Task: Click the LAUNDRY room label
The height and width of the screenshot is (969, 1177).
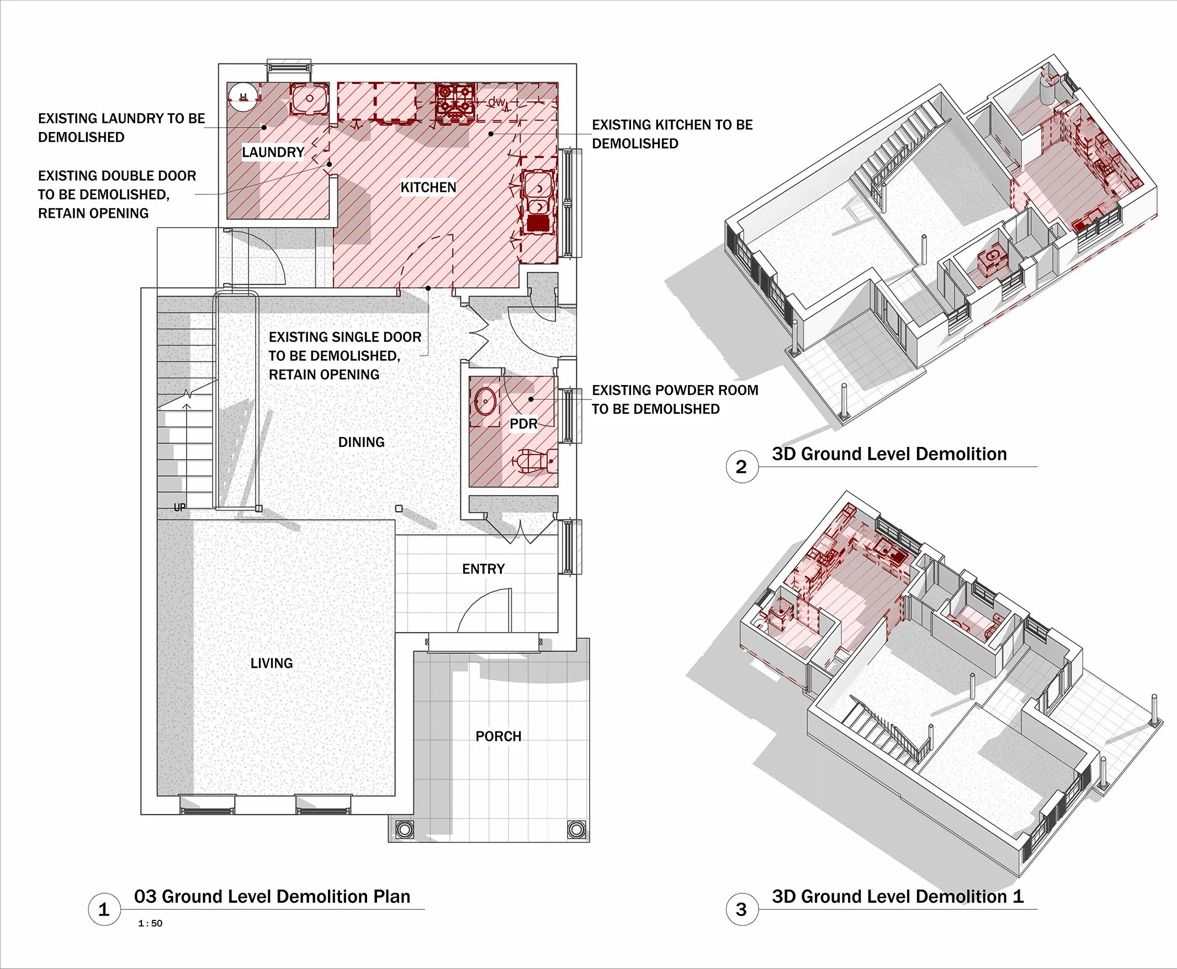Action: pyautogui.click(x=273, y=152)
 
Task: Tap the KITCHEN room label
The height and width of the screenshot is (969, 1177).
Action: pyautogui.click(x=428, y=187)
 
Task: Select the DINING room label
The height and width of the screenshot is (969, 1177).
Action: pyautogui.click(x=362, y=442)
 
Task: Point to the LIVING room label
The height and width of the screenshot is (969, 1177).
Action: pyautogui.click(x=272, y=663)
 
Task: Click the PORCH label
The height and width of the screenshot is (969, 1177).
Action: pyautogui.click(x=499, y=736)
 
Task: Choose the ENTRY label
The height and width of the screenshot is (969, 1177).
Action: pyautogui.click(x=484, y=569)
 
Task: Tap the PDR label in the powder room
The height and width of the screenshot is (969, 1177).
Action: pyautogui.click(x=524, y=424)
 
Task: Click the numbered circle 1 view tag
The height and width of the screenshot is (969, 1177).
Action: pyautogui.click(x=104, y=909)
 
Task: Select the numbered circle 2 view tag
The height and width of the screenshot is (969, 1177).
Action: pyautogui.click(x=742, y=466)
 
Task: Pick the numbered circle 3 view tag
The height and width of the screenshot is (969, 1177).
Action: pyautogui.click(x=742, y=909)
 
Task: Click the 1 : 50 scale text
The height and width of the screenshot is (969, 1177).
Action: pyautogui.click(x=150, y=923)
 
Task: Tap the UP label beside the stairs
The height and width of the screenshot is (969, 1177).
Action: pyautogui.click(x=179, y=507)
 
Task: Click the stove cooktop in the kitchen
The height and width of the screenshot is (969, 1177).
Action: pyautogui.click(x=455, y=101)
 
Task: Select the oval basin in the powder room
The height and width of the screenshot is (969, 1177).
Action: pyautogui.click(x=486, y=401)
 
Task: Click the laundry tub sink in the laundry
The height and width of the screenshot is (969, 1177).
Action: pyautogui.click(x=309, y=99)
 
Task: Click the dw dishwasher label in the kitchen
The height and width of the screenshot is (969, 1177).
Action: pyautogui.click(x=496, y=102)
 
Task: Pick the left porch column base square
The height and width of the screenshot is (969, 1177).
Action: pyautogui.click(x=405, y=829)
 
